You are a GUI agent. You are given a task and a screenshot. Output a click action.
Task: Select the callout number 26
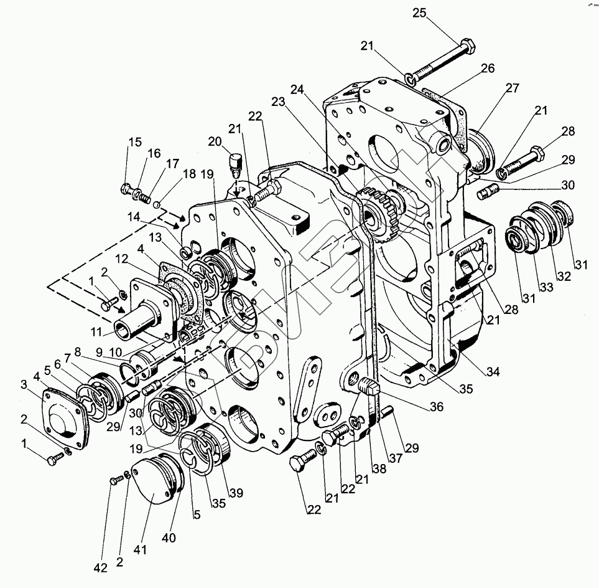[x=487, y=69]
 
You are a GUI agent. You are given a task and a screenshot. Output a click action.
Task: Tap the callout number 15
[x=135, y=142]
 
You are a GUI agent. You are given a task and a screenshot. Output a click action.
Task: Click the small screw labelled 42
[x=115, y=480]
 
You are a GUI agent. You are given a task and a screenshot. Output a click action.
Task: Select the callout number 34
[x=493, y=372]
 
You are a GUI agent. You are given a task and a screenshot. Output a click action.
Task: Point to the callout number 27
[x=511, y=88]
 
